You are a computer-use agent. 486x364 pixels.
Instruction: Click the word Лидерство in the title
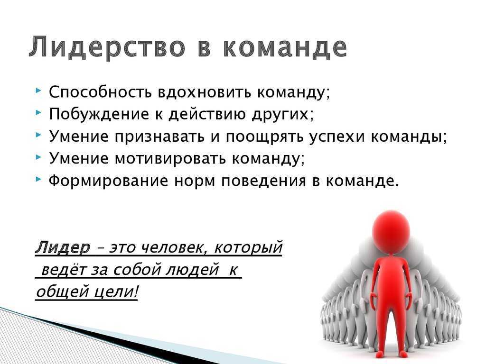click(x=107, y=47)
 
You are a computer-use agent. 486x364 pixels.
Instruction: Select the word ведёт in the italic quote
click(x=64, y=269)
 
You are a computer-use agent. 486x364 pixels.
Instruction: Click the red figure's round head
click(x=391, y=231)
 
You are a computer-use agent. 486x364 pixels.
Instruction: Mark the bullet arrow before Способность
click(x=38, y=91)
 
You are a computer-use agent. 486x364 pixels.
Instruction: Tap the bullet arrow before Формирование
click(x=38, y=179)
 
